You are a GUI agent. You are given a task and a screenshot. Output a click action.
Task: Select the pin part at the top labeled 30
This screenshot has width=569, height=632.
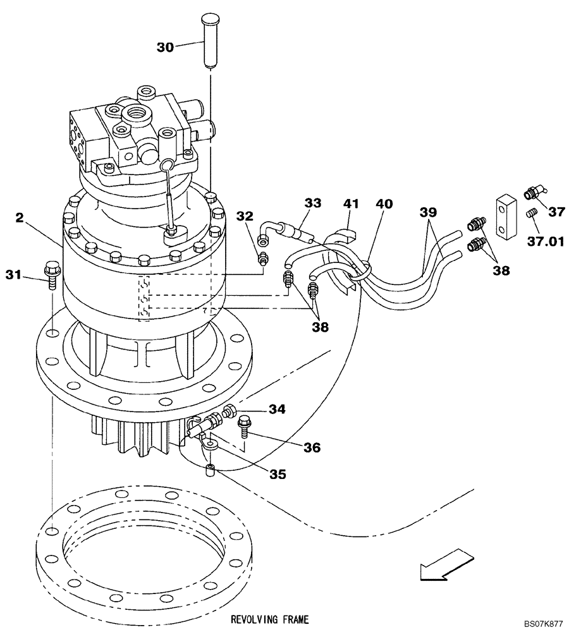tap(209, 41)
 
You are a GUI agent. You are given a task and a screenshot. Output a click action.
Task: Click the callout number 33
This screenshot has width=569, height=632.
tap(312, 203)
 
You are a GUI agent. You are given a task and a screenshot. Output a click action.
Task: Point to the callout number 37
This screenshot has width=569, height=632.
tap(556, 212)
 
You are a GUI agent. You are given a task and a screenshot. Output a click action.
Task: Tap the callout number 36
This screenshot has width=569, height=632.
tap(310, 447)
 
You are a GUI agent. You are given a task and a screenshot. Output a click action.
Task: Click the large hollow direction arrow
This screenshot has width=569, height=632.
tap(443, 566)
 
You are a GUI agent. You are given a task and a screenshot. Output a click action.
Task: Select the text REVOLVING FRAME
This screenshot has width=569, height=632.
tap(270, 619)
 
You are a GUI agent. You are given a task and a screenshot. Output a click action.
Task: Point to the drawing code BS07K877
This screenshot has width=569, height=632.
tap(542, 623)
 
